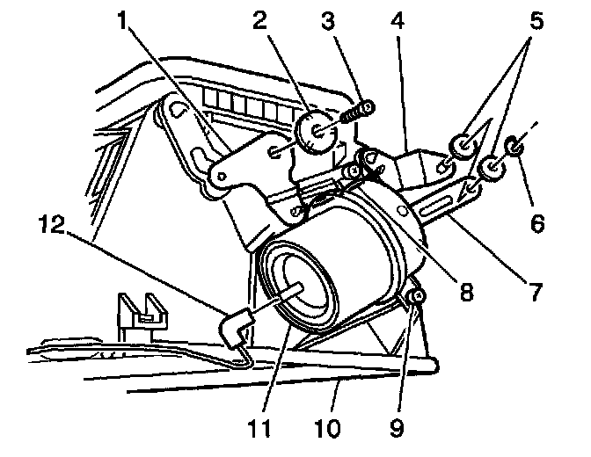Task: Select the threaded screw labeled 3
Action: (x=354, y=113)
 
